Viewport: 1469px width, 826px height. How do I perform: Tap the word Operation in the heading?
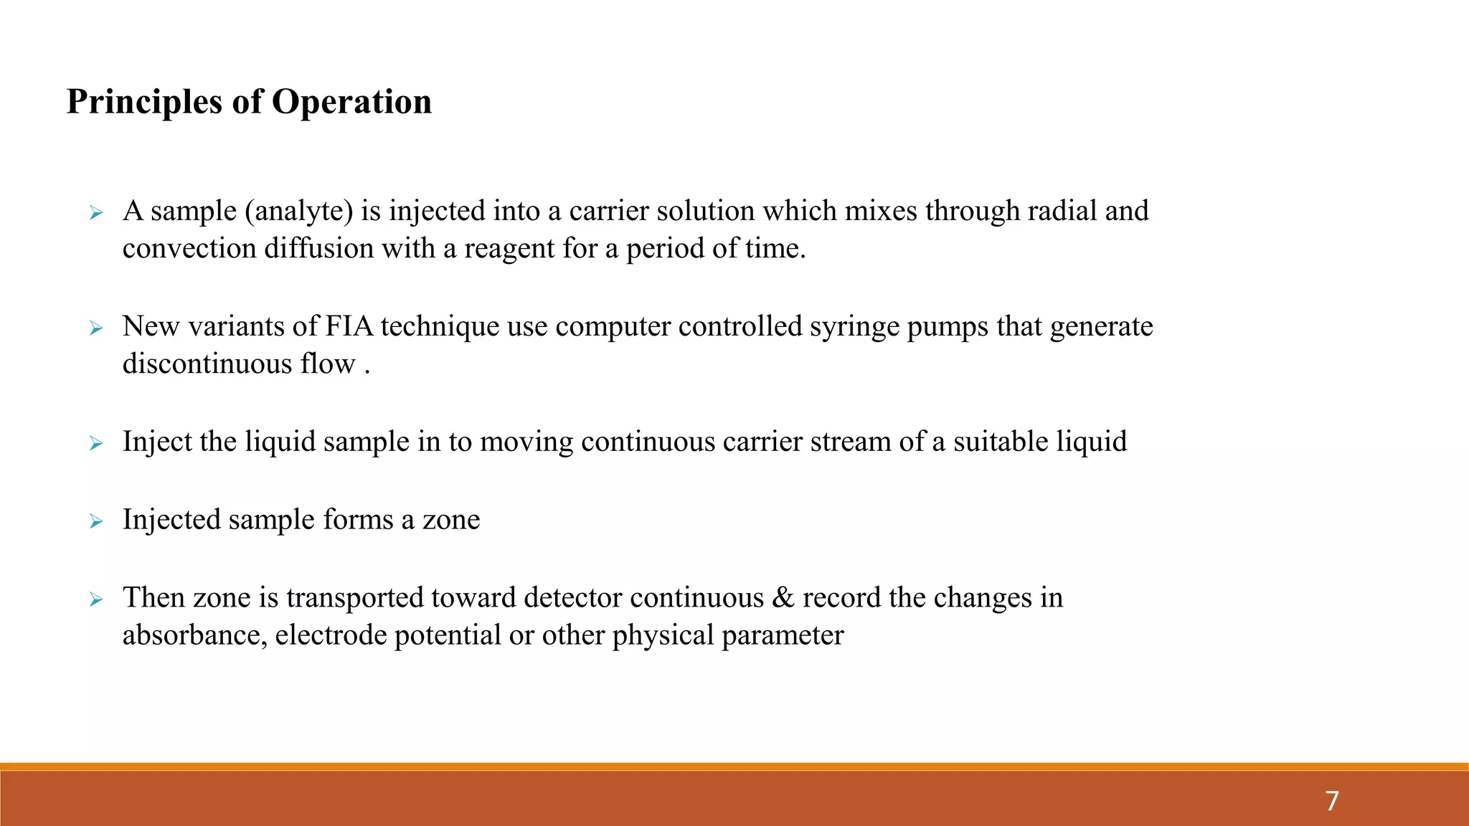351,102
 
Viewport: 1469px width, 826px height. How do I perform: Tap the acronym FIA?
349,326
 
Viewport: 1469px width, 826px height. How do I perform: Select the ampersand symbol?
783,598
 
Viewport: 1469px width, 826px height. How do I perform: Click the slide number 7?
1332,801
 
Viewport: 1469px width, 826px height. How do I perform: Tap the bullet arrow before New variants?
96,328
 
